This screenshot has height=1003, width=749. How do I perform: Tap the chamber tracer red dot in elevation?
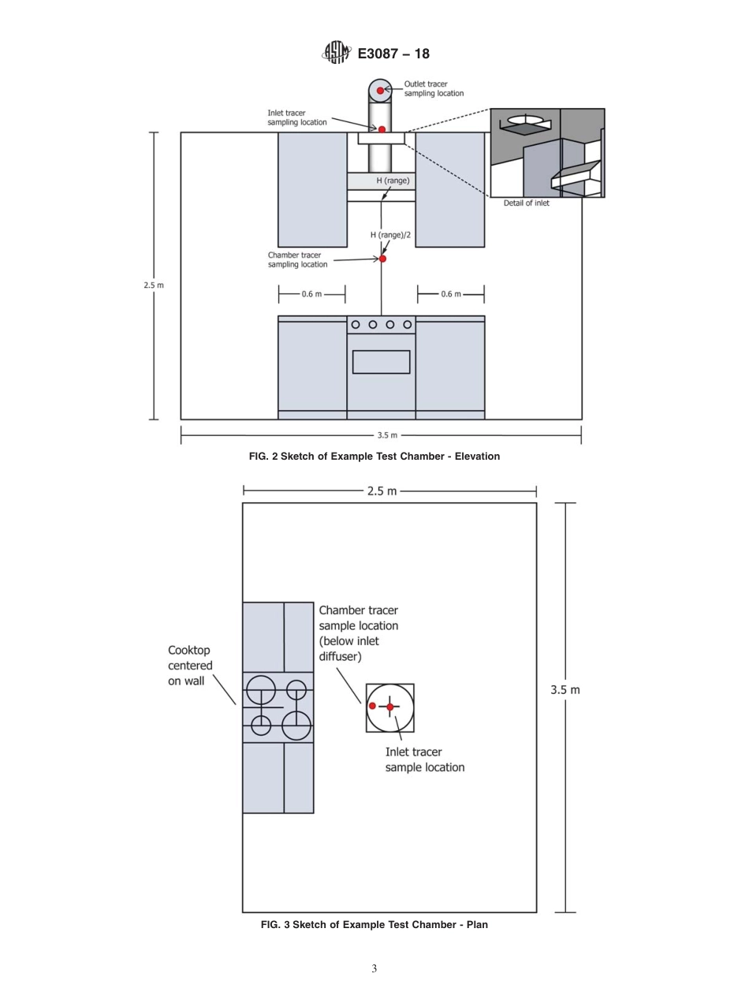click(x=382, y=259)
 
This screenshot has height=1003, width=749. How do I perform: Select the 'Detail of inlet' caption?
click(x=527, y=203)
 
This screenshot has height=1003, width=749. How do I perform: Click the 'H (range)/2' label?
click(x=390, y=235)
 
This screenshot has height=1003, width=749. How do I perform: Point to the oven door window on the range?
click(x=381, y=362)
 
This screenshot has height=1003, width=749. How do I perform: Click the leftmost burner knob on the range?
click(x=356, y=324)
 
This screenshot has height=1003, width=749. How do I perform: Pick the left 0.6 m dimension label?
click(x=311, y=294)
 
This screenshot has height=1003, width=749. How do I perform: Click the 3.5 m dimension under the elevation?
click(x=387, y=434)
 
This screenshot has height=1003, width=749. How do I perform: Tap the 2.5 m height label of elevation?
click(x=154, y=285)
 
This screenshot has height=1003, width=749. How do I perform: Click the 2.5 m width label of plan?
click(x=382, y=490)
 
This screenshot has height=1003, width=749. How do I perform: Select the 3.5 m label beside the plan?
click(x=565, y=689)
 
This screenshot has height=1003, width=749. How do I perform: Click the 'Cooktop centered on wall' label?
click(x=189, y=666)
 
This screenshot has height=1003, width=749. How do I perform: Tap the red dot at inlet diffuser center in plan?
click(x=389, y=707)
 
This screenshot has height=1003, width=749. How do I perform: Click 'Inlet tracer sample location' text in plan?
click(x=424, y=759)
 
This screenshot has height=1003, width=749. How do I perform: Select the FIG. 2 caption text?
click(x=374, y=456)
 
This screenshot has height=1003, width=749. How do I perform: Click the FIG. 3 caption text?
click(x=374, y=924)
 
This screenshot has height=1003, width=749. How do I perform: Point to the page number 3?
click(x=374, y=969)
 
